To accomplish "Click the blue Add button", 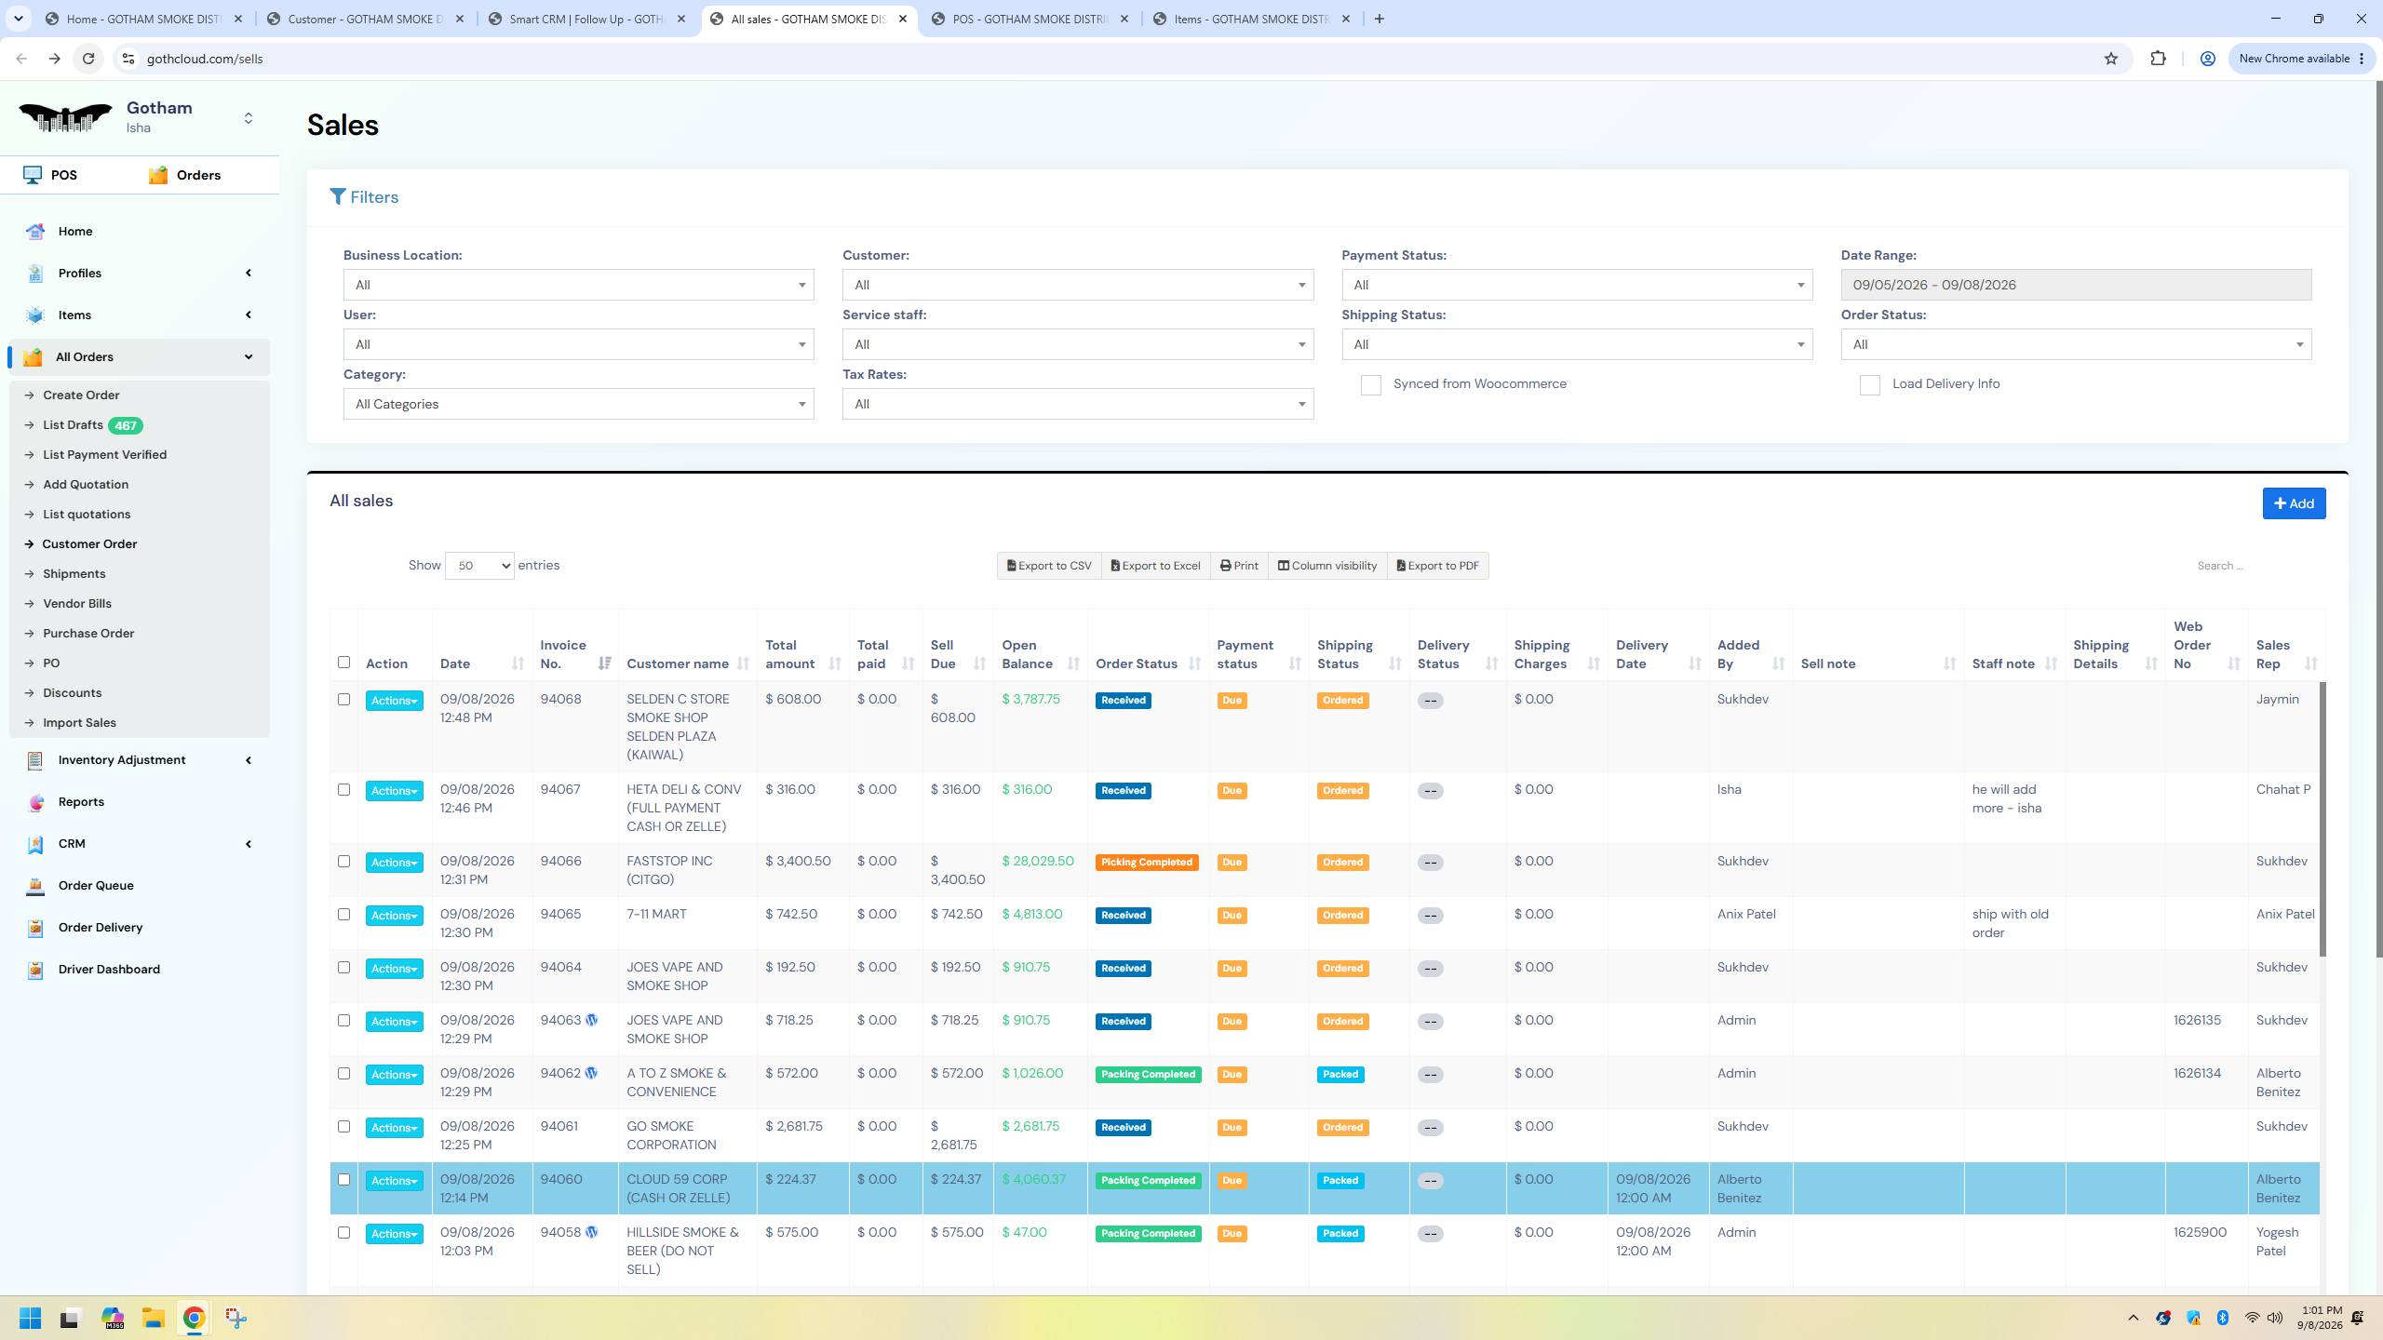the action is [x=2294, y=503].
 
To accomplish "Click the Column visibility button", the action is [x=1326, y=566].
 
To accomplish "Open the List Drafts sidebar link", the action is [x=73, y=425].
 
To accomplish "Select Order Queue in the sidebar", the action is [x=96, y=885].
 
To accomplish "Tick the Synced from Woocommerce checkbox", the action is [x=1370, y=385].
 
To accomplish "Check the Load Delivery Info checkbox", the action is [x=1869, y=385].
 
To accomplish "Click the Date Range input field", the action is [x=2076, y=285].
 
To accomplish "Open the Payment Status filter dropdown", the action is [x=1577, y=285].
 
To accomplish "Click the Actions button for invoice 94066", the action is [x=394, y=863].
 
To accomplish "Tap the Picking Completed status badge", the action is [x=1147, y=863].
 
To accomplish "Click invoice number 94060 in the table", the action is [x=561, y=1179].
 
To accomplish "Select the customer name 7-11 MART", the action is [x=656, y=914].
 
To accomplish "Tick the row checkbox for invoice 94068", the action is [x=343, y=700].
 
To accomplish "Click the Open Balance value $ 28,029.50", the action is [x=1038, y=861].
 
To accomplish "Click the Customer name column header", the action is [x=678, y=663].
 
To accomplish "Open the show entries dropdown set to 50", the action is [x=479, y=566].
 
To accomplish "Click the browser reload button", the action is [x=88, y=59].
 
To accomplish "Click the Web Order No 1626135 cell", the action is [x=2197, y=1020].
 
